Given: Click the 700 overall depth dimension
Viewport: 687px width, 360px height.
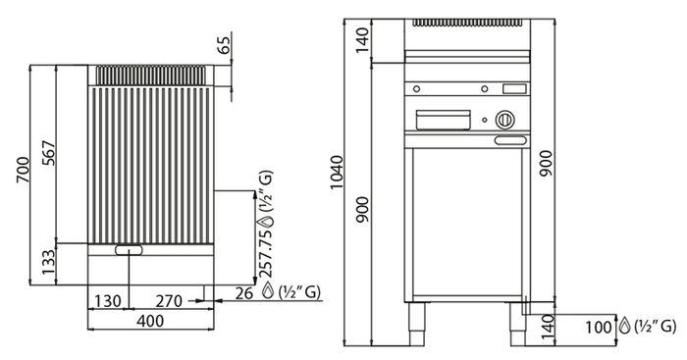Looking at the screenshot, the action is pos(23,170).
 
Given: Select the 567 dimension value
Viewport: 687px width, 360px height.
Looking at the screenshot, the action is pos(49,153).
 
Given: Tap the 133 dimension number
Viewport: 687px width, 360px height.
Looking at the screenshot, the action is pos(49,262).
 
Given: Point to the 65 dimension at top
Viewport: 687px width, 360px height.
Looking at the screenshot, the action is pos(223,45).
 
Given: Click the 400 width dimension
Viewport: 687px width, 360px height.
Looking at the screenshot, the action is pos(150,321).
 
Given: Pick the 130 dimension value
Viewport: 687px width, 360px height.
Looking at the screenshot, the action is pos(108,301).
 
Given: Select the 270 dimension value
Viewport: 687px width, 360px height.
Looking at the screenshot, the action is pos(169,301).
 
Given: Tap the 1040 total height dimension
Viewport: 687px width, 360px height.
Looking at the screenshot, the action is pos(338,172).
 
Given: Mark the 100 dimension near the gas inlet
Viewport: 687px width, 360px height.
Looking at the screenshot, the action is pos(598,327).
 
